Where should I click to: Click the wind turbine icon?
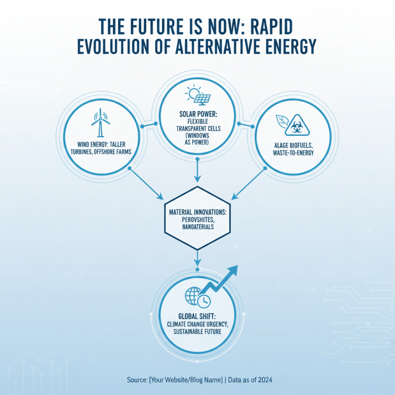pyautogui.click(x=100, y=123)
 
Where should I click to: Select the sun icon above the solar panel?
pyautogui.click(x=191, y=92)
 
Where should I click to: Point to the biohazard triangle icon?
pyautogui.click(x=298, y=123)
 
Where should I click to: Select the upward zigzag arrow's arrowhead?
pyautogui.click(x=232, y=271)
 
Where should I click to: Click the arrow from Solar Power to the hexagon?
pyautogui.click(x=197, y=170)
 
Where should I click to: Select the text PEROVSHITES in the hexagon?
pyautogui.click(x=197, y=220)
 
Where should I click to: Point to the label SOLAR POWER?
pyautogui.click(x=197, y=113)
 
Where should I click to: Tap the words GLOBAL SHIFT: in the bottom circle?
pyautogui.click(x=197, y=316)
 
